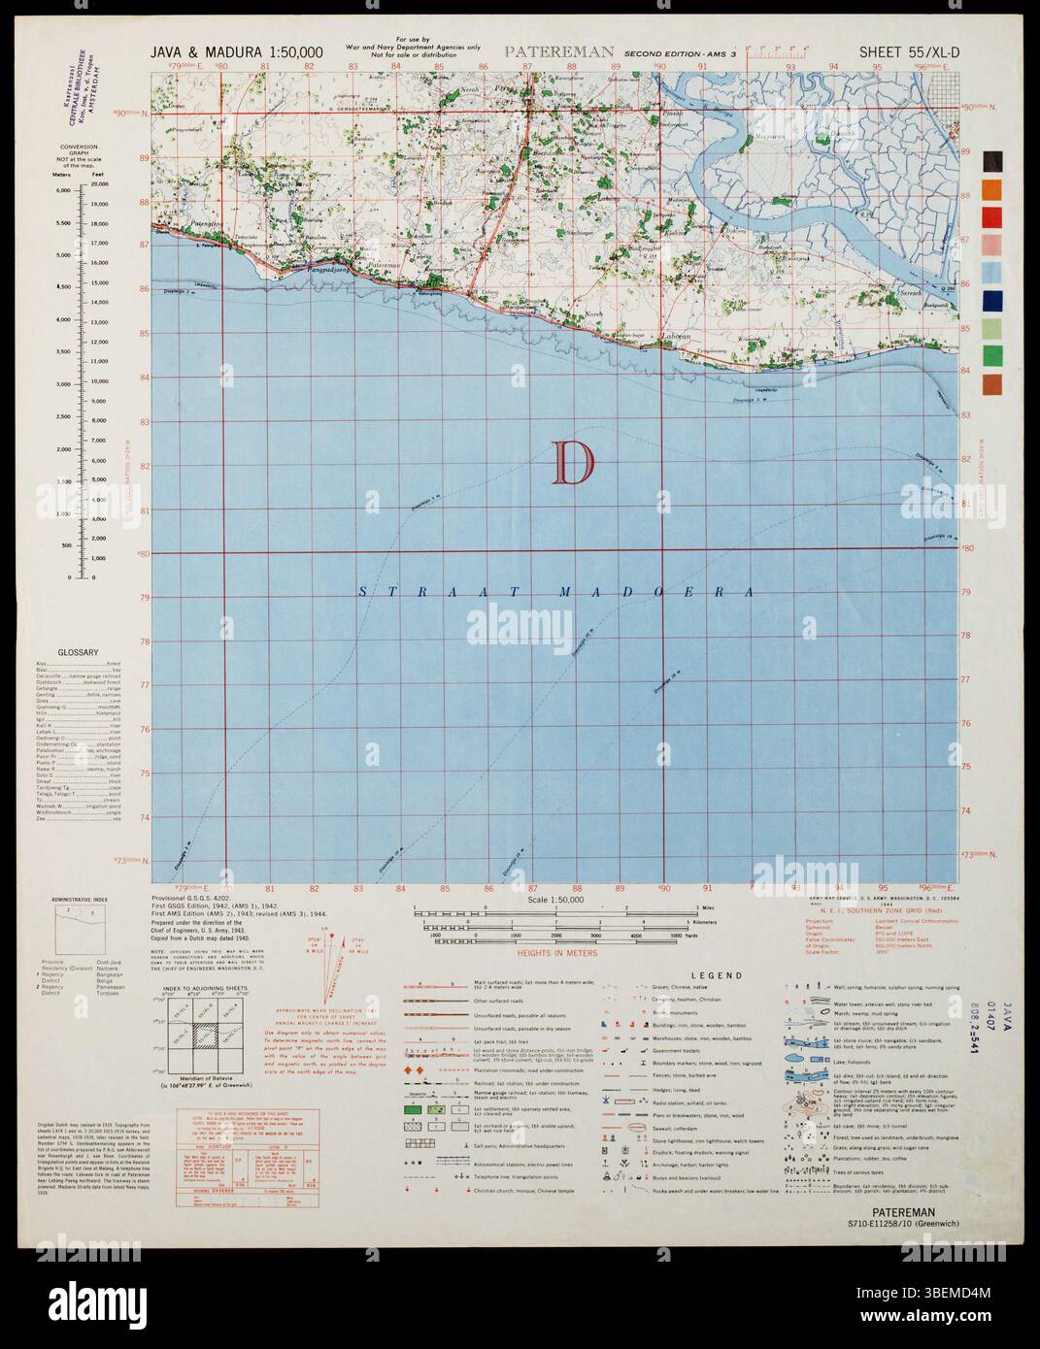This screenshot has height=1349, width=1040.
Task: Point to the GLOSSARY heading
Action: tap(79, 652)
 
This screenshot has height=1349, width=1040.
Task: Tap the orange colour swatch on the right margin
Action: tap(992, 188)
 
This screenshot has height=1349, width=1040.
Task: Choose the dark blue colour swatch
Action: tap(992, 300)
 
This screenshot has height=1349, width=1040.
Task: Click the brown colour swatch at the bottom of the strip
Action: tap(992, 384)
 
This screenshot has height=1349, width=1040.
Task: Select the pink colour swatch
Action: tap(992, 244)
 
